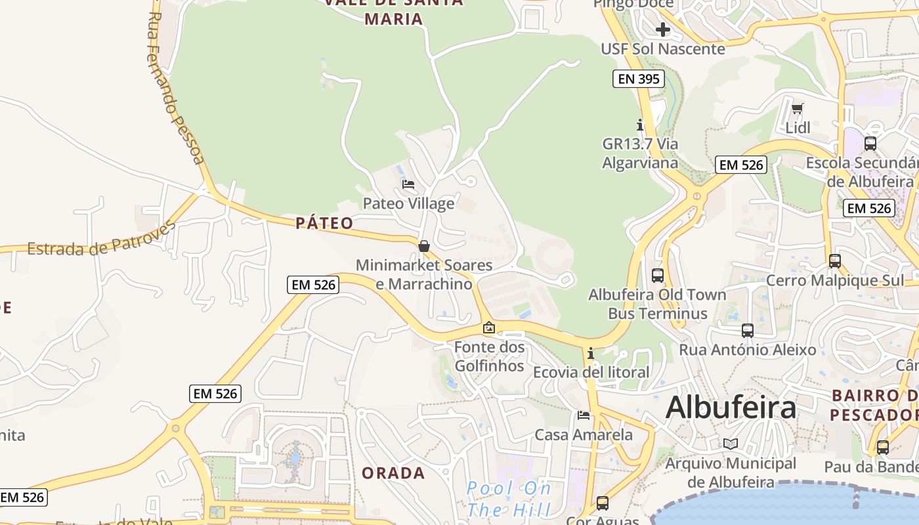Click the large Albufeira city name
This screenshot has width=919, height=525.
pos(731,408)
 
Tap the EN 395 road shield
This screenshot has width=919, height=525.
pos(638,79)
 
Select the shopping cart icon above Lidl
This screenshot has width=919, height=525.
pos(798,108)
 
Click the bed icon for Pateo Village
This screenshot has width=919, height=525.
pos(408,184)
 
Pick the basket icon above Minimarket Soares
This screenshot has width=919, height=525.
pos(424,246)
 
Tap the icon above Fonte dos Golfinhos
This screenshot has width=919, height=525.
pos(489,327)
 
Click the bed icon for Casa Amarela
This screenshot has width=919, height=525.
pos(583,415)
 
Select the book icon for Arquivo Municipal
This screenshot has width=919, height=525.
pos(731,444)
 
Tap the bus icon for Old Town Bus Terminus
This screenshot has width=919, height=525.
pos(657,276)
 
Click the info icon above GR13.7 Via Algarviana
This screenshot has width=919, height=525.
pos(640,124)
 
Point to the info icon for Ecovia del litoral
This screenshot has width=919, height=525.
pos(591,353)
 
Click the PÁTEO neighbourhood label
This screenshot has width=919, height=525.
pos(324,223)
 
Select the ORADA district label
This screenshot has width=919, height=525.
pos(393,472)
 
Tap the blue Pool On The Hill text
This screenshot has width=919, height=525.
pos(509,499)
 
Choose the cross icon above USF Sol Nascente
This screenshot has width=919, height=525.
pos(663,30)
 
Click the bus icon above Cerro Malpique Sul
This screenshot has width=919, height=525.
pos(834,261)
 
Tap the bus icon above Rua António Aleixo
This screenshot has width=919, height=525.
pos(747,330)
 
